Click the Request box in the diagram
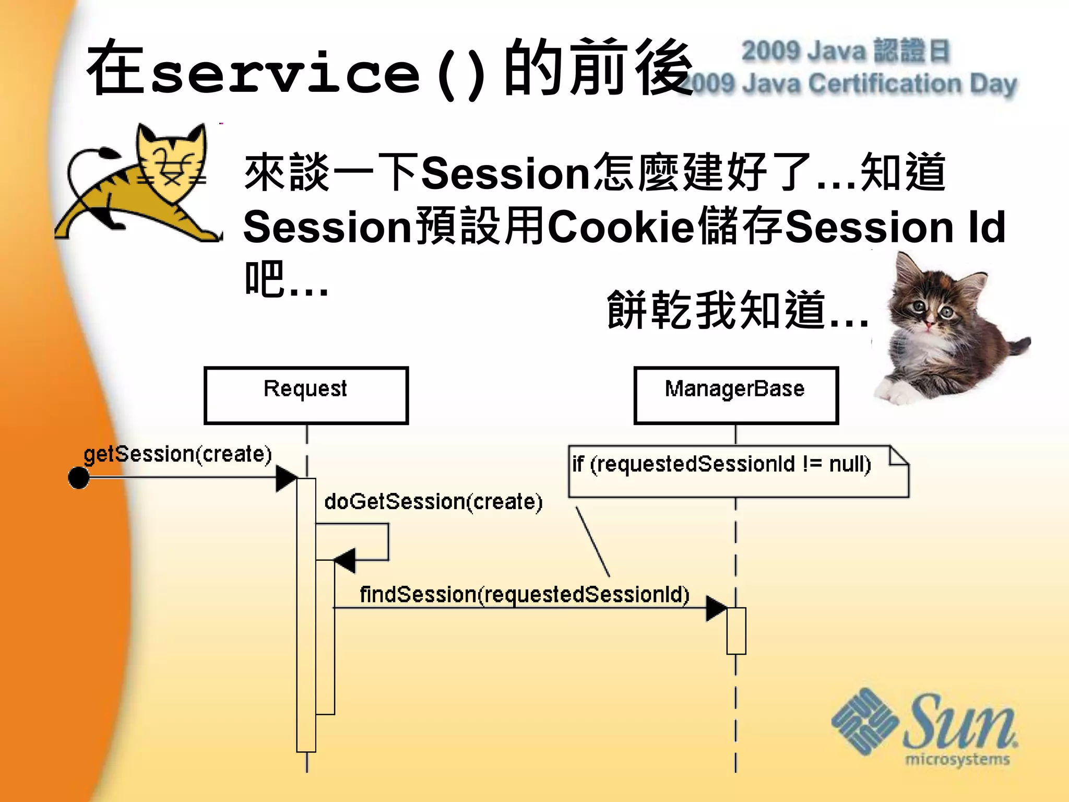coord(306,395)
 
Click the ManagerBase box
coord(735,395)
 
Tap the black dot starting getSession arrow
coord(79,478)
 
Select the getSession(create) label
coord(178,454)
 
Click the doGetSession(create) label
coord(433,502)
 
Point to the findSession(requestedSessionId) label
coord(525,595)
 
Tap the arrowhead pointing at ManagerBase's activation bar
coord(716,608)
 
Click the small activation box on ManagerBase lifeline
coord(736,631)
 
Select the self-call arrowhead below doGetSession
coord(345,561)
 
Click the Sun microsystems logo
coord(924,726)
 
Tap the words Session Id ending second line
coord(895,228)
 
